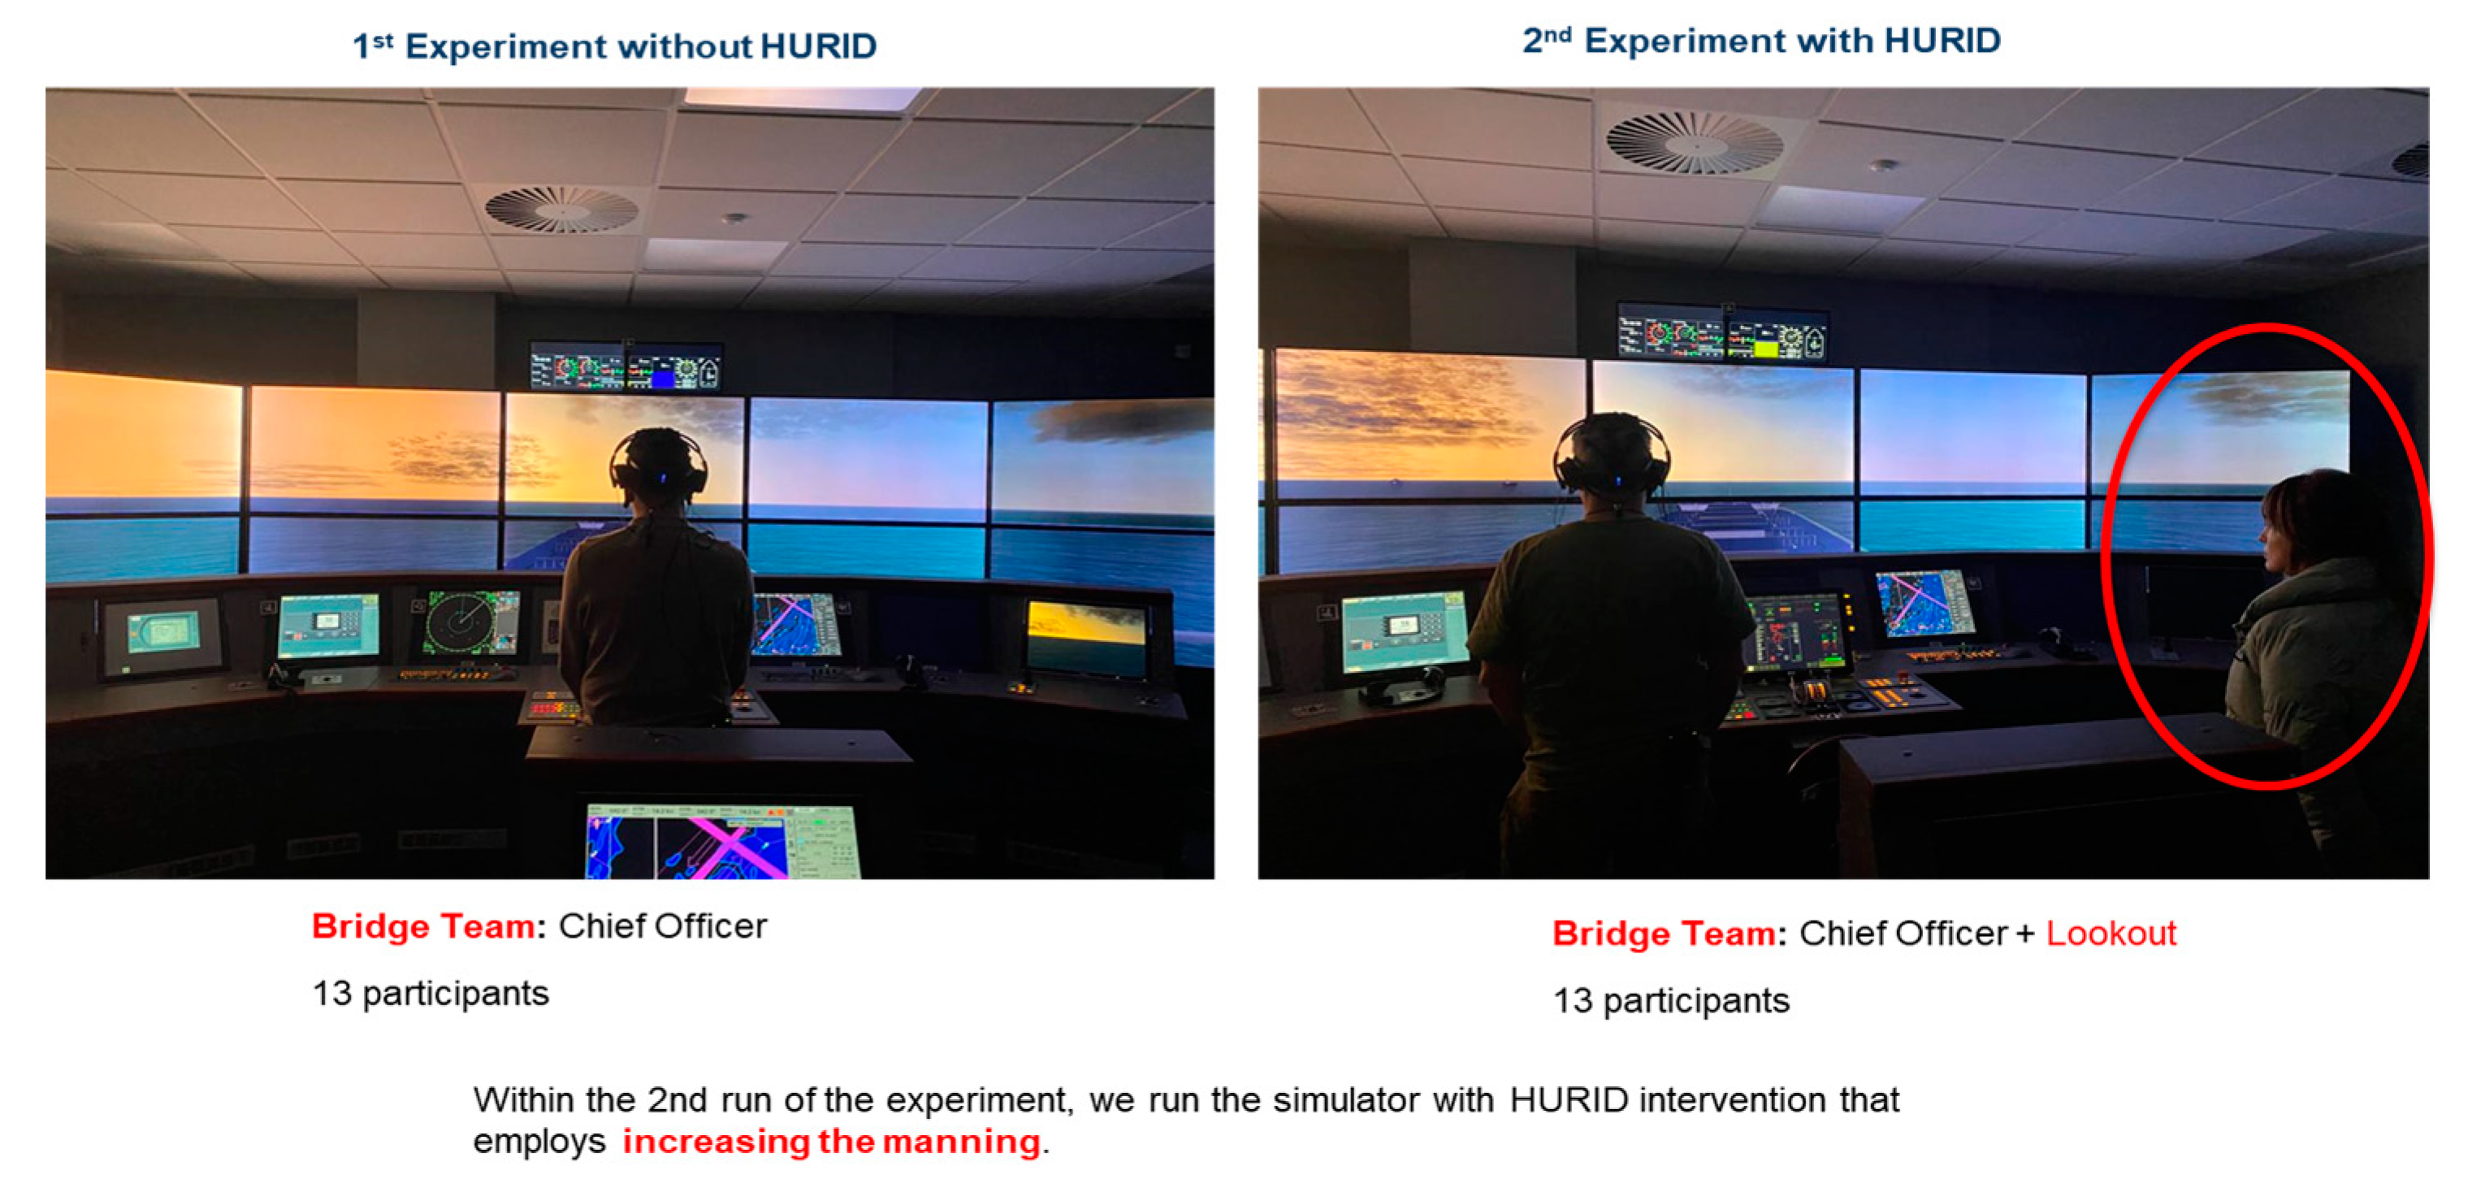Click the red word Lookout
pyautogui.click(x=2111, y=933)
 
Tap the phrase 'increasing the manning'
pyautogui.click(x=830, y=1141)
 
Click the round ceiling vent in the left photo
pyautogui.click(x=561, y=208)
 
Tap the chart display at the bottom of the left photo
pyautogui.click(x=722, y=841)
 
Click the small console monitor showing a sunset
pyautogui.click(x=1085, y=636)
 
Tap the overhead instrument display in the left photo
pyautogui.click(x=626, y=367)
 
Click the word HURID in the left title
pyautogui.click(x=818, y=46)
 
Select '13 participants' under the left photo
pyautogui.click(x=431, y=993)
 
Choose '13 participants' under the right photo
pyautogui.click(x=1671, y=999)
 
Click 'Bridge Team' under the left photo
pyautogui.click(x=423, y=926)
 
